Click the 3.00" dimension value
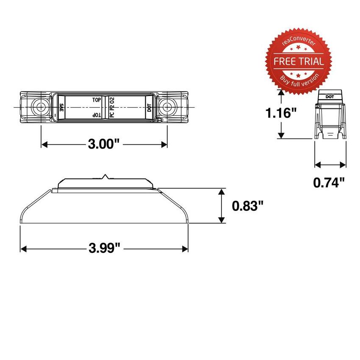[x=104, y=144]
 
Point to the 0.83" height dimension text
[x=248, y=206]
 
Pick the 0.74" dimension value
[x=329, y=183]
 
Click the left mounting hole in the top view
[x=41, y=106]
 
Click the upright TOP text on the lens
[x=97, y=100]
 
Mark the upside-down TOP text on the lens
[x=97, y=115]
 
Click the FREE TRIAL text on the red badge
[x=299, y=61]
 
